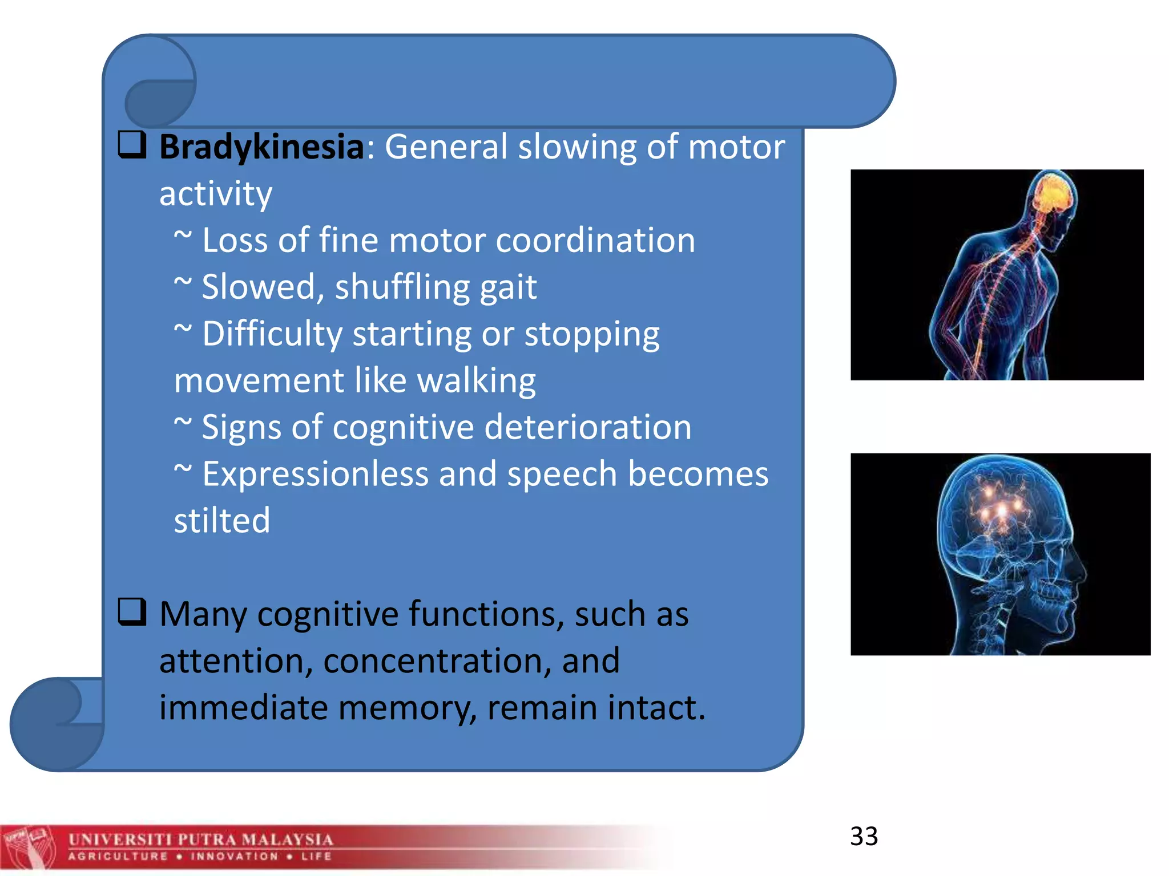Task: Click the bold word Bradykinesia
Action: point(261,147)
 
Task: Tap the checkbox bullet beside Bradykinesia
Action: point(132,144)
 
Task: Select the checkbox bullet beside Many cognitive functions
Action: point(132,612)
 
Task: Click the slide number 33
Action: point(864,836)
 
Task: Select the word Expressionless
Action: point(315,474)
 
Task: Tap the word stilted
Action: point(221,521)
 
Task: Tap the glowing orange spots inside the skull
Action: point(1002,508)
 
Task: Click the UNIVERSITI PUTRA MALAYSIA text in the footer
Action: point(200,839)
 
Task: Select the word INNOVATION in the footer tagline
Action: point(234,857)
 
